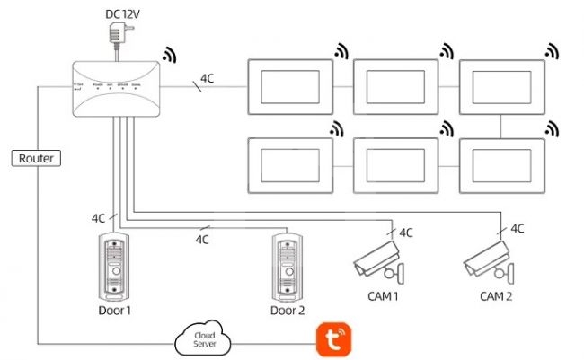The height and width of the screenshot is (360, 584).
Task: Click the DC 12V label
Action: tap(124, 13)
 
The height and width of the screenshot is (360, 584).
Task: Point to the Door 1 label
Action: tap(115, 311)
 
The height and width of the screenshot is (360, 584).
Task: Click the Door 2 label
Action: tap(288, 311)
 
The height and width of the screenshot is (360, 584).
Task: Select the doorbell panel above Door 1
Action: tap(116, 267)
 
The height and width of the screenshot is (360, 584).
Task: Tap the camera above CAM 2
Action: tap(489, 260)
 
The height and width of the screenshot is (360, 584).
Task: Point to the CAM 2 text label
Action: tap(497, 296)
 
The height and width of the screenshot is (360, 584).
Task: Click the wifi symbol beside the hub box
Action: tap(169, 56)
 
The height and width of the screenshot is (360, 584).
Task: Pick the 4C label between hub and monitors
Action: tap(208, 79)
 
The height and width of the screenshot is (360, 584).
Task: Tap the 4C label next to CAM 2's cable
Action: tap(518, 230)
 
